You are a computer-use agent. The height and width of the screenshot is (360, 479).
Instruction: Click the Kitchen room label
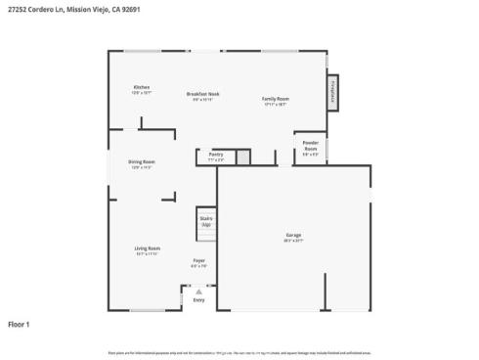tap(142, 88)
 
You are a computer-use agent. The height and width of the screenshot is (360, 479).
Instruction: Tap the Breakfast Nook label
tap(203, 94)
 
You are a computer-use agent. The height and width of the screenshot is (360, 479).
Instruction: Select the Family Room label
tap(275, 99)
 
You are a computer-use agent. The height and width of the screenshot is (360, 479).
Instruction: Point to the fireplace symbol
tap(332, 87)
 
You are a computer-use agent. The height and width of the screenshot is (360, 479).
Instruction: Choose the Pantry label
tap(216, 153)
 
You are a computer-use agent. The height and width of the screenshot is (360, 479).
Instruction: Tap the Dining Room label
tap(143, 161)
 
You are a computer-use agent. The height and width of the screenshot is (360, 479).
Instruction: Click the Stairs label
tap(206, 219)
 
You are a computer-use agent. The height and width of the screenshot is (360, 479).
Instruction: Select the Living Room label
tap(147, 248)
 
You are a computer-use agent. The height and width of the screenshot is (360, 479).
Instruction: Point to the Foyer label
tap(198, 260)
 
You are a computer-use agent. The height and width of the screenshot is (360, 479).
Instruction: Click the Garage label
tap(293, 235)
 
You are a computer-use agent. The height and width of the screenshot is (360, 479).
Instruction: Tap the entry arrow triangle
tap(198, 291)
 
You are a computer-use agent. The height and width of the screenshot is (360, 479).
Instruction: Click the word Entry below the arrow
tap(198, 300)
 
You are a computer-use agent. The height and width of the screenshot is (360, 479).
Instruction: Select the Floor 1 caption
tap(20, 324)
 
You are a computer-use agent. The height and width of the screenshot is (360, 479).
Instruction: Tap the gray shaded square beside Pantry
tap(243, 157)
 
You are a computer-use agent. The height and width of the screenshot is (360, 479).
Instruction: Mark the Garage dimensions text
tap(293, 240)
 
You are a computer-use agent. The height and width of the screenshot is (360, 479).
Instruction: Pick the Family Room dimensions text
tap(275, 104)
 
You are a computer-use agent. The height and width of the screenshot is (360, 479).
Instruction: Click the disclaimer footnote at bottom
tap(239, 351)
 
